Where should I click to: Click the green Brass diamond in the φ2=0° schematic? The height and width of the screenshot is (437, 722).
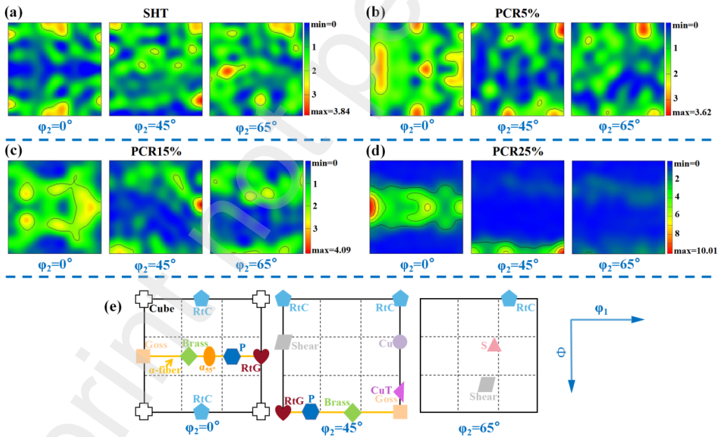[188, 356]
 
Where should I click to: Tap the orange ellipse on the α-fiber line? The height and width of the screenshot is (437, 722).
[208, 356]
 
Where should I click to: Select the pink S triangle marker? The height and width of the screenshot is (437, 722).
[493, 345]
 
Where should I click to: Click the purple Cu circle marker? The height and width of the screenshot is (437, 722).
[400, 342]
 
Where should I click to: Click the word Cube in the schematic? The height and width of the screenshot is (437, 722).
[161, 309]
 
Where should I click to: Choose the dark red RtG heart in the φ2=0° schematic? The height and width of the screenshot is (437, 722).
[261, 356]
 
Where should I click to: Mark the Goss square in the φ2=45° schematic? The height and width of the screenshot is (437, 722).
[400, 412]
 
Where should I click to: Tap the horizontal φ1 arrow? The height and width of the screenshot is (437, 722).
[607, 319]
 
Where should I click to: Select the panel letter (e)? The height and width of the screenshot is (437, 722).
[115, 307]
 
